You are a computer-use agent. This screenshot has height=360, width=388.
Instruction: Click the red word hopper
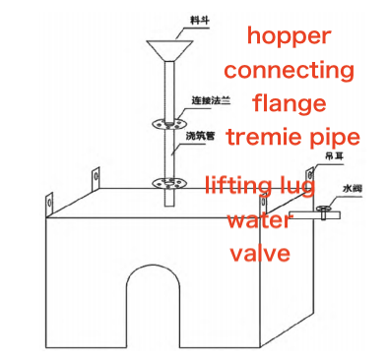[290, 37]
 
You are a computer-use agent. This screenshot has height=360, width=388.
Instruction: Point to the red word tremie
[263, 136]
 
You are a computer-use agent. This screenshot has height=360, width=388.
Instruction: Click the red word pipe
[332, 138]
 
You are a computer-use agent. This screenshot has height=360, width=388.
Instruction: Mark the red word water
[260, 219]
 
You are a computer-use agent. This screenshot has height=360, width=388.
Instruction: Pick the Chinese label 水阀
[356, 188]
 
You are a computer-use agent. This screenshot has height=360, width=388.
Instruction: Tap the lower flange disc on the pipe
[168, 182]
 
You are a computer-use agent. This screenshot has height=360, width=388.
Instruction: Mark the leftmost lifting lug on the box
[45, 203]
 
